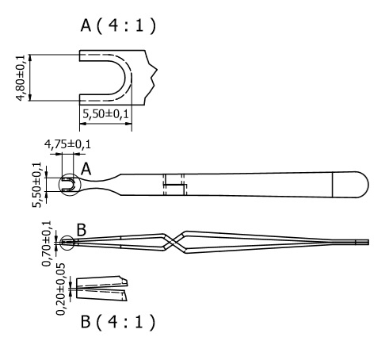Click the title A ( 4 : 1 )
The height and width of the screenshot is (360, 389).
tap(118, 26)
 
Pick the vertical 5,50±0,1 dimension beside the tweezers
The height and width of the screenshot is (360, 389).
tap(36, 184)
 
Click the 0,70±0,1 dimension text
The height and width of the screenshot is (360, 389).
tap(47, 242)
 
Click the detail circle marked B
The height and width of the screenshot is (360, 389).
tap(66, 241)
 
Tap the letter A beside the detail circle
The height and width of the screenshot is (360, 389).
tap(86, 168)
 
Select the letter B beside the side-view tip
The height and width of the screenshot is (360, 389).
tap(80, 229)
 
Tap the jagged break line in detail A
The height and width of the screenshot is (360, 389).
tap(154, 75)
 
